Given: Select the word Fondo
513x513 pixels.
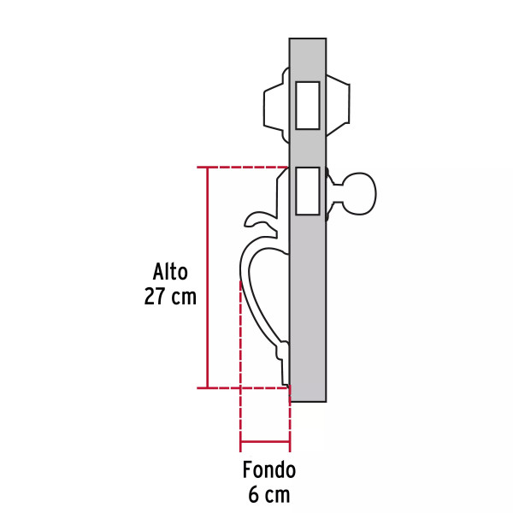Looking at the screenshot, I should coord(268,469).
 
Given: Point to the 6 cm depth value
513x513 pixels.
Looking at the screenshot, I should coord(268,494).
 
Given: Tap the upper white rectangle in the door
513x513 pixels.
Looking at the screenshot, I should coord(307,105).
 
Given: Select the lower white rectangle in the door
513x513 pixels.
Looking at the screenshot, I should coord(307,191).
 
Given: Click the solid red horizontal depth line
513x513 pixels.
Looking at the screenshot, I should coord(265,443).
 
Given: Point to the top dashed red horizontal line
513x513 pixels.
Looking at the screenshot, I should coord(248,167).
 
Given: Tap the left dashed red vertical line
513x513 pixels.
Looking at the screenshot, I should coord(240,359).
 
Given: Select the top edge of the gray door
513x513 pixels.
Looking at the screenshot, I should coord(308,39).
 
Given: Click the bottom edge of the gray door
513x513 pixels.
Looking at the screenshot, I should coord(308,401).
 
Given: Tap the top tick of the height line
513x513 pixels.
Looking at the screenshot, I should coord(207,167).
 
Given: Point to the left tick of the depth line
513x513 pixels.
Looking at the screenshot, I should coord(240,443).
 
